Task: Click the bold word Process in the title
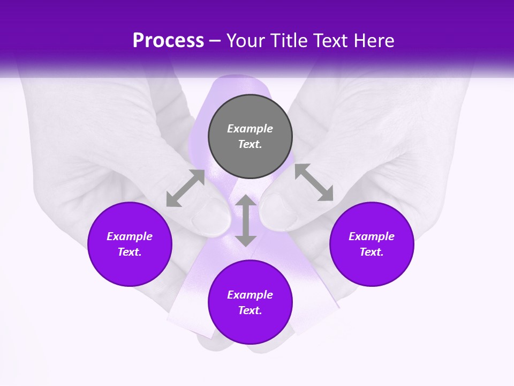[x=168, y=41]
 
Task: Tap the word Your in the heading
[x=245, y=41]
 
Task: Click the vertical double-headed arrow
[x=246, y=221]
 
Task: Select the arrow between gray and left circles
[x=185, y=188]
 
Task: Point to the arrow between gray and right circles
[x=314, y=182]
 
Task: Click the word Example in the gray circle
[x=250, y=129]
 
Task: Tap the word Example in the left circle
[x=130, y=236]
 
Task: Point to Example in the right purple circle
[x=372, y=236]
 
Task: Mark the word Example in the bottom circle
[x=250, y=295]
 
